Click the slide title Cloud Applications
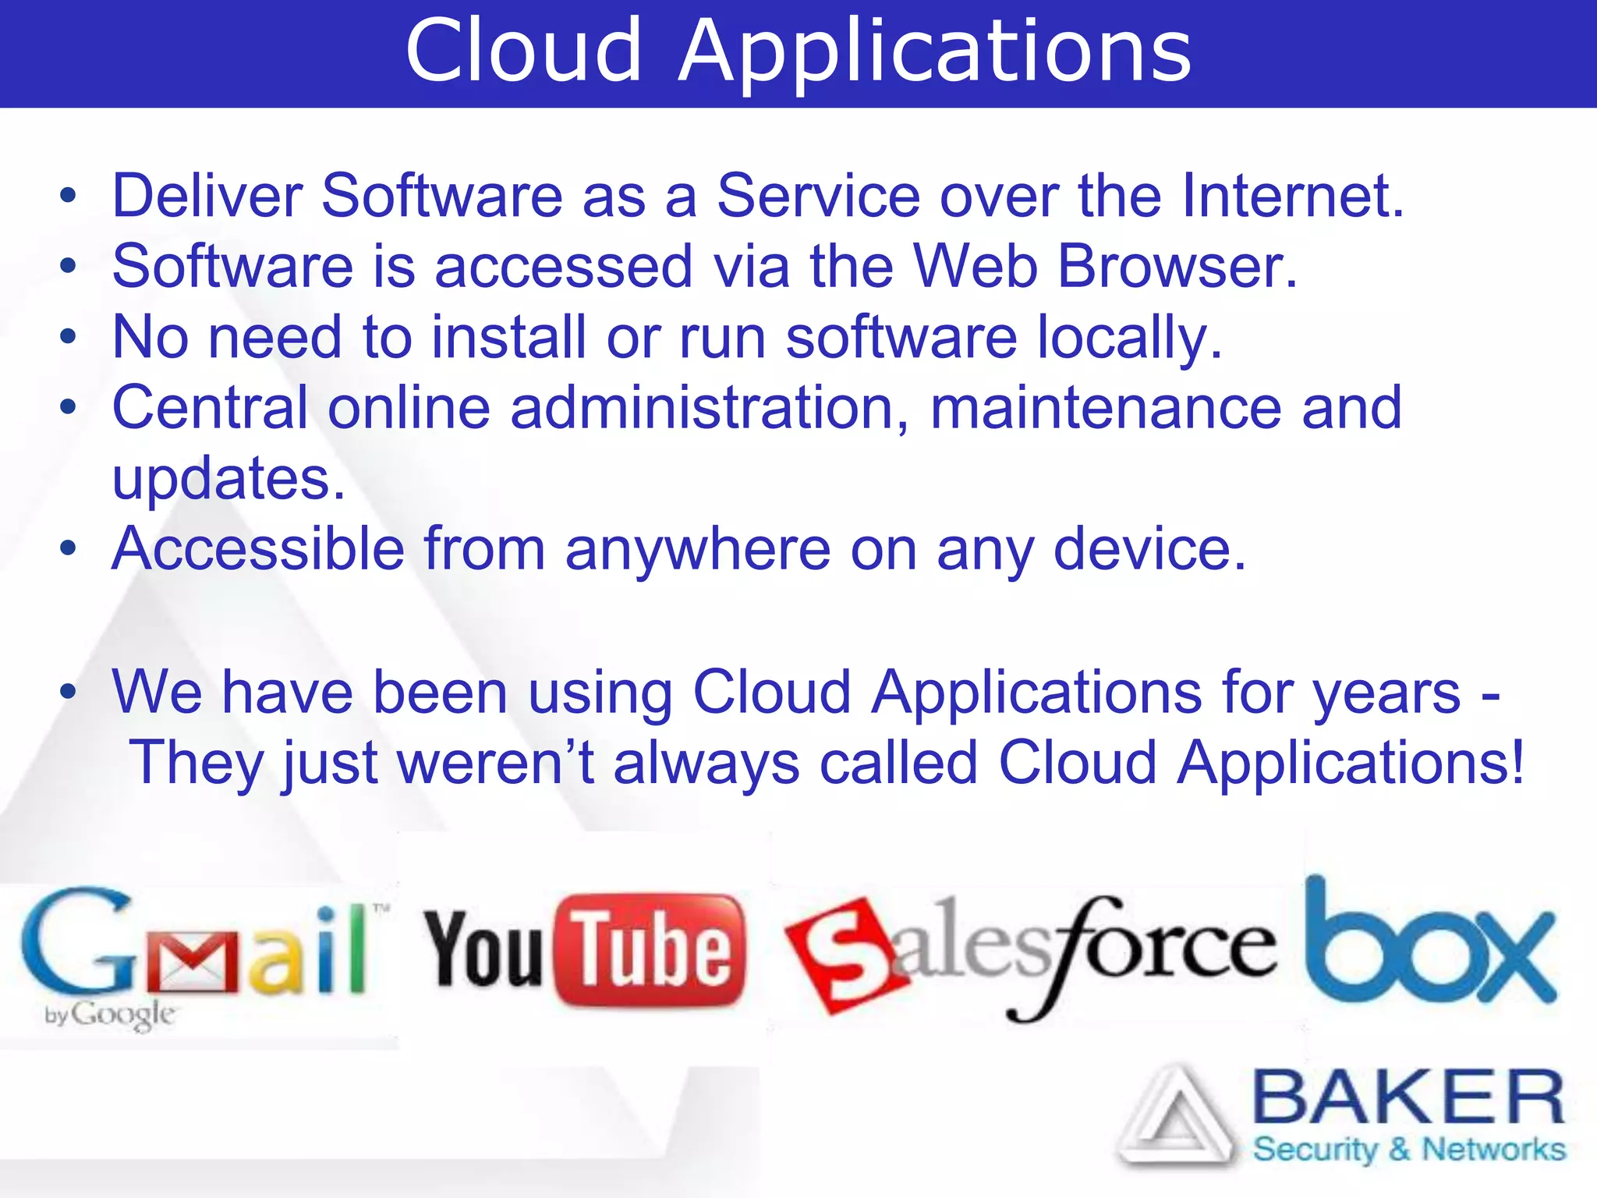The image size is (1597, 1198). tap(798, 51)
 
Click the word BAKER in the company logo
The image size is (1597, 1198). tap(1408, 1098)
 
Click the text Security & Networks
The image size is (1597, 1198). tap(1408, 1150)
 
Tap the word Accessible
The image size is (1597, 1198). tap(258, 549)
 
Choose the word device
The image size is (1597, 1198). tap(1149, 549)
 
